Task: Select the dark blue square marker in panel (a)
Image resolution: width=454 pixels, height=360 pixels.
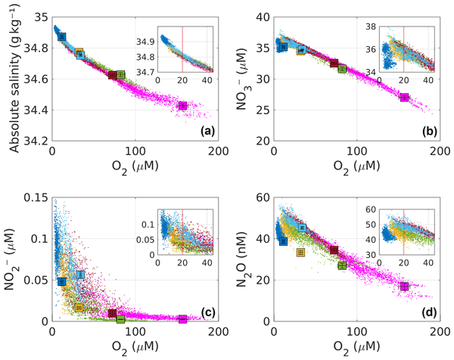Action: [63, 36]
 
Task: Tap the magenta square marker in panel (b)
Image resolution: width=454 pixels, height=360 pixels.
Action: [405, 98]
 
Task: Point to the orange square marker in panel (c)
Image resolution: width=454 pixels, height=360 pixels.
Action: [79, 308]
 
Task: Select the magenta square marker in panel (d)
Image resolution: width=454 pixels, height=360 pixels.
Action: [405, 287]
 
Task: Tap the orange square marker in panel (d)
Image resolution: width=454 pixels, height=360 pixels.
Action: [300, 253]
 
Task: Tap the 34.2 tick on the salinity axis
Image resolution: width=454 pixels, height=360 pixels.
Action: [35, 141]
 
